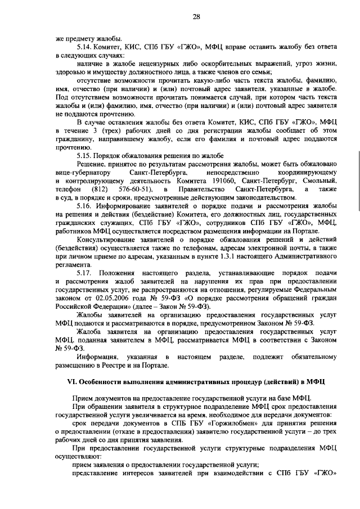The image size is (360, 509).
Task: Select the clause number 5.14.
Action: point(85,47)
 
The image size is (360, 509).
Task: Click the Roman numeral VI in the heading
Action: point(72,382)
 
